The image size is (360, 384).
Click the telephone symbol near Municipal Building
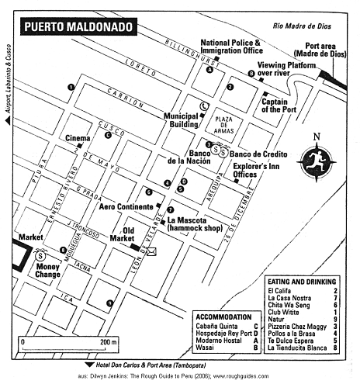pyautogui.click(x=203, y=106)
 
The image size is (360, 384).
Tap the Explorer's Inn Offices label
pyautogui.click(x=257, y=171)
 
